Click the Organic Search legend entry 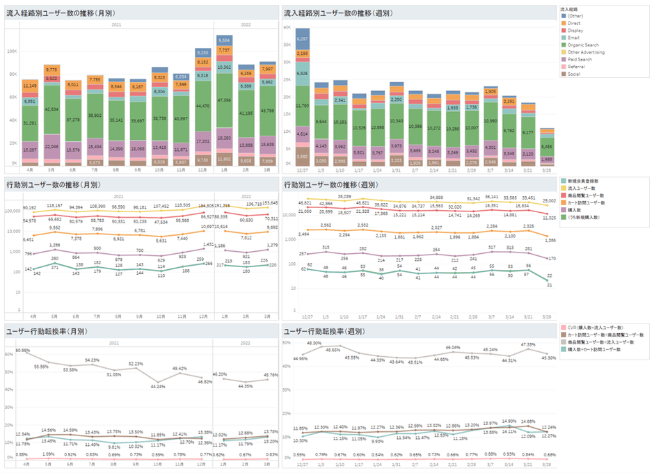[x=583, y=45]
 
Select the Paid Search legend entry [x=580, y=59]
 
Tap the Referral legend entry [x=577, y=66]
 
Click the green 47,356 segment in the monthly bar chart [x=224, y=100]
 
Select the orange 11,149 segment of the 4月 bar [x=30, y=86]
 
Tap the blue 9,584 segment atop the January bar [x=224, y=40]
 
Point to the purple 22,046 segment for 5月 [x=51, y=147]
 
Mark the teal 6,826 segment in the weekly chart [x=302, y=72]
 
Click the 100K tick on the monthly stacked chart [x=13, y=51]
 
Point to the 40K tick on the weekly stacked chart [x=286, y=27]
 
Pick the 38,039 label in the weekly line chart [x=344, y=197]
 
